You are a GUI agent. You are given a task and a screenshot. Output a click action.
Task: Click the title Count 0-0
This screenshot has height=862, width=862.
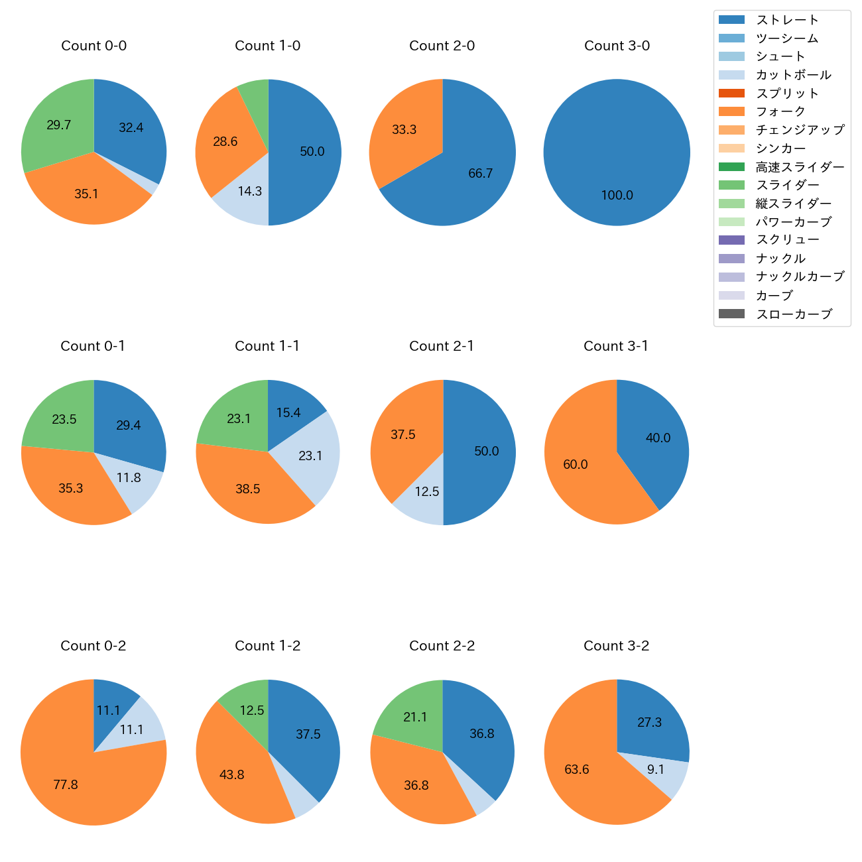[93, 46]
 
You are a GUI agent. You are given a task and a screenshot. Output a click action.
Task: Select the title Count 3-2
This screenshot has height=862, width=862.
[616, 646]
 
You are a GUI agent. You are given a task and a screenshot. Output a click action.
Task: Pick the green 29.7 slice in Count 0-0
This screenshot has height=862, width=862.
[56, 129]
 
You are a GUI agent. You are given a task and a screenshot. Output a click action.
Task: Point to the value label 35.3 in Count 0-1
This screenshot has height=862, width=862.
[71, 489]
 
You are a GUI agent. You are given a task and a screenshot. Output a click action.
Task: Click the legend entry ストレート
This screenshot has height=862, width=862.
[786, 20]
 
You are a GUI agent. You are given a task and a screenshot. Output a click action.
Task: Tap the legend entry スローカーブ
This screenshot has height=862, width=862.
[794, 314]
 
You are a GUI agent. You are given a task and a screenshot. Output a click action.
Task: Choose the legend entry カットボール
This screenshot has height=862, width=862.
[793, 75]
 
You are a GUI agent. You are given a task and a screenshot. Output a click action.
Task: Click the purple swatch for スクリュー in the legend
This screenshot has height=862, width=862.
[731, 240]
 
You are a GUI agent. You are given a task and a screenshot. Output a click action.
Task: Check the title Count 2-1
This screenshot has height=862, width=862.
[442, 346]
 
